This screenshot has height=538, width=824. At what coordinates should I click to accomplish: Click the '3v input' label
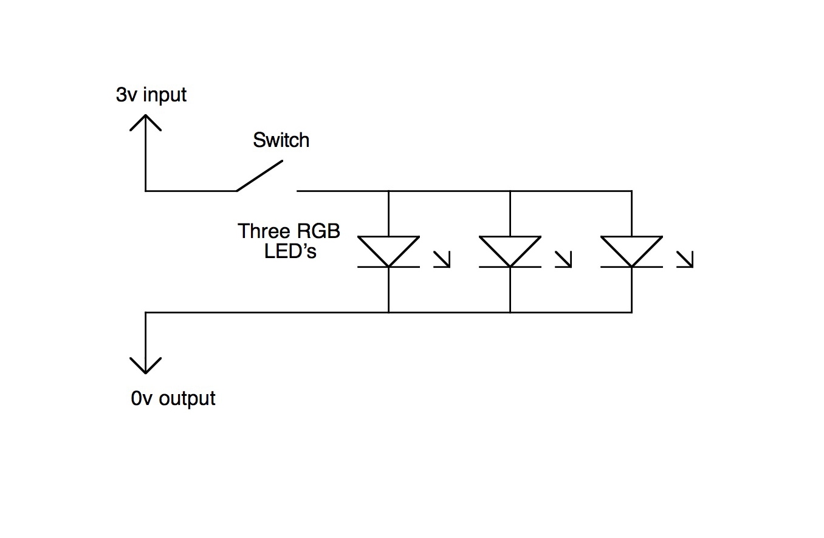pyautogui.click(x=151, y=95)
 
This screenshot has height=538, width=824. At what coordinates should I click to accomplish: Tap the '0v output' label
pyautogui.click(x=173, y=398)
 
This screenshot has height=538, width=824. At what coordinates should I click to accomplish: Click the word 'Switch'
pyautogui.click(x=281, y=140)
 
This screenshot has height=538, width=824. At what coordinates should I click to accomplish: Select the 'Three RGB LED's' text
pyautogui.click(x=289, y=241)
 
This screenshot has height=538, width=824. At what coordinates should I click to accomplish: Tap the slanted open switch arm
pyautogui.click(x=259, y=176)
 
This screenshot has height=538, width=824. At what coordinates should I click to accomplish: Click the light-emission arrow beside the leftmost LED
pyautogui.click(x=442, y=260)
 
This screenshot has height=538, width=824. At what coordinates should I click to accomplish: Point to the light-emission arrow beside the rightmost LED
pyautogui.click(x=685, y=260)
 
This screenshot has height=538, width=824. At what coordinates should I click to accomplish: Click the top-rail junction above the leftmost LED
pyautogui.click(x=388, y=191)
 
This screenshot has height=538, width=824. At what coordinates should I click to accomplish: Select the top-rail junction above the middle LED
pyautogui.click(x=510, y=191)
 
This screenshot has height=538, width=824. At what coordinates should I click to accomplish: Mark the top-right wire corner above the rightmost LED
pyautogui.click(x=631, y=191)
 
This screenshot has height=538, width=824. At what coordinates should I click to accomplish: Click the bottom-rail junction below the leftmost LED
pyautogui.click(x=388, y=312)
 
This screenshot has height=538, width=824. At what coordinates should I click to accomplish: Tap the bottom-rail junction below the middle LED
pyautogui.click(x=510, y=312)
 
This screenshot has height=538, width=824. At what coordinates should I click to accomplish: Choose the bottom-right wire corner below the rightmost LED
pyautogui.click(x=631, y=312)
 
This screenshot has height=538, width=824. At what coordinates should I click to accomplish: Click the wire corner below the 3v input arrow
pyautogui.click(x=146, y=191)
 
